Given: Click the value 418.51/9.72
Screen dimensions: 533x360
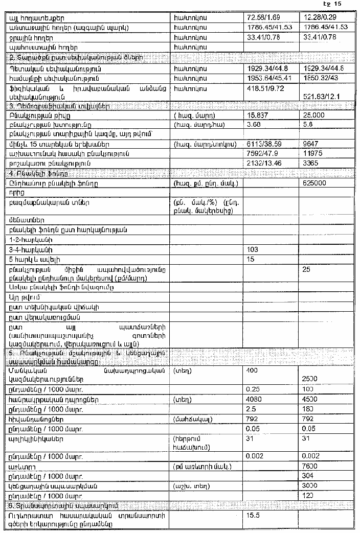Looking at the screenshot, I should pos(263,88).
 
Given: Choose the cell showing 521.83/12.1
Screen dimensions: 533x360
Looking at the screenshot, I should pos(320,96).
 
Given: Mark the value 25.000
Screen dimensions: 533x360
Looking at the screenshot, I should pos(314,115).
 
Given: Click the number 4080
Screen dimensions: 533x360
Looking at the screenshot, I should pos(254,399).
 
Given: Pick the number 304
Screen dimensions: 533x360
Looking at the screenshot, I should pos(309,476).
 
